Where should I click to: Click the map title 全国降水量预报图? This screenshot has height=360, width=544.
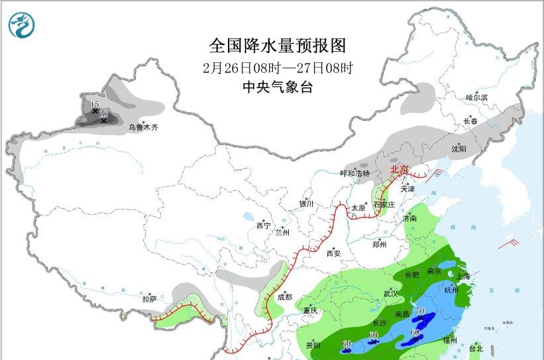point(278,46)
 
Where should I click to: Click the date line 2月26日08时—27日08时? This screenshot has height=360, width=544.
point(278,68)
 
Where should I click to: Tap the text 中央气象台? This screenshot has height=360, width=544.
point(278,87)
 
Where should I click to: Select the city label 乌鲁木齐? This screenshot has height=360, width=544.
point(144,127)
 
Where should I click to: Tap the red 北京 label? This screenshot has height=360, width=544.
point(400,169)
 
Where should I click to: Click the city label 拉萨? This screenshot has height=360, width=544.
point(150,300)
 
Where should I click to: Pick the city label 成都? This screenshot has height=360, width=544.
point(285,298)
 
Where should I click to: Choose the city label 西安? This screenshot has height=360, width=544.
point(333,253)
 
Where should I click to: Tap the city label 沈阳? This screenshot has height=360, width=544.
point(459,149)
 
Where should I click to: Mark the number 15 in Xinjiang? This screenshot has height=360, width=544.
point(95,104)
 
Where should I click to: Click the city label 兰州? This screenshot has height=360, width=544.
point(283,232)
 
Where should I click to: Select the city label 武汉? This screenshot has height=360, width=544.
point(390,293)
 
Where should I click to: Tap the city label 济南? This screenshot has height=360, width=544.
point(410,218)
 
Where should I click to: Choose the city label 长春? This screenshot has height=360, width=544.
point(469,121)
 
